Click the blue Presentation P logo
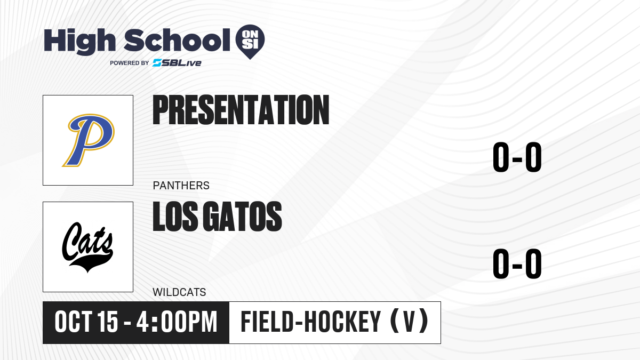[89, 140]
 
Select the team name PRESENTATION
[241, 110]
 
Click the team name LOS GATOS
[217, 217]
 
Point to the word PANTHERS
[181, 186]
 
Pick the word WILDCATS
[179, 292]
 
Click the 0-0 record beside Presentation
[517, 157]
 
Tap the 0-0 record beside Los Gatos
[517, 263]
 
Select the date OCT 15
[86, 322]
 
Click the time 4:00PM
[177, 322]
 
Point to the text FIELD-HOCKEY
[311, 322]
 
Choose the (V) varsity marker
[409, 322]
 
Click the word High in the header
[79, 42]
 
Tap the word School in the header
[177, 39]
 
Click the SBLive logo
[177, 63]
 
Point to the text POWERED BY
[130, 63]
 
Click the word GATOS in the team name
[243, 217]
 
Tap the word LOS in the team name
[175, 217]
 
